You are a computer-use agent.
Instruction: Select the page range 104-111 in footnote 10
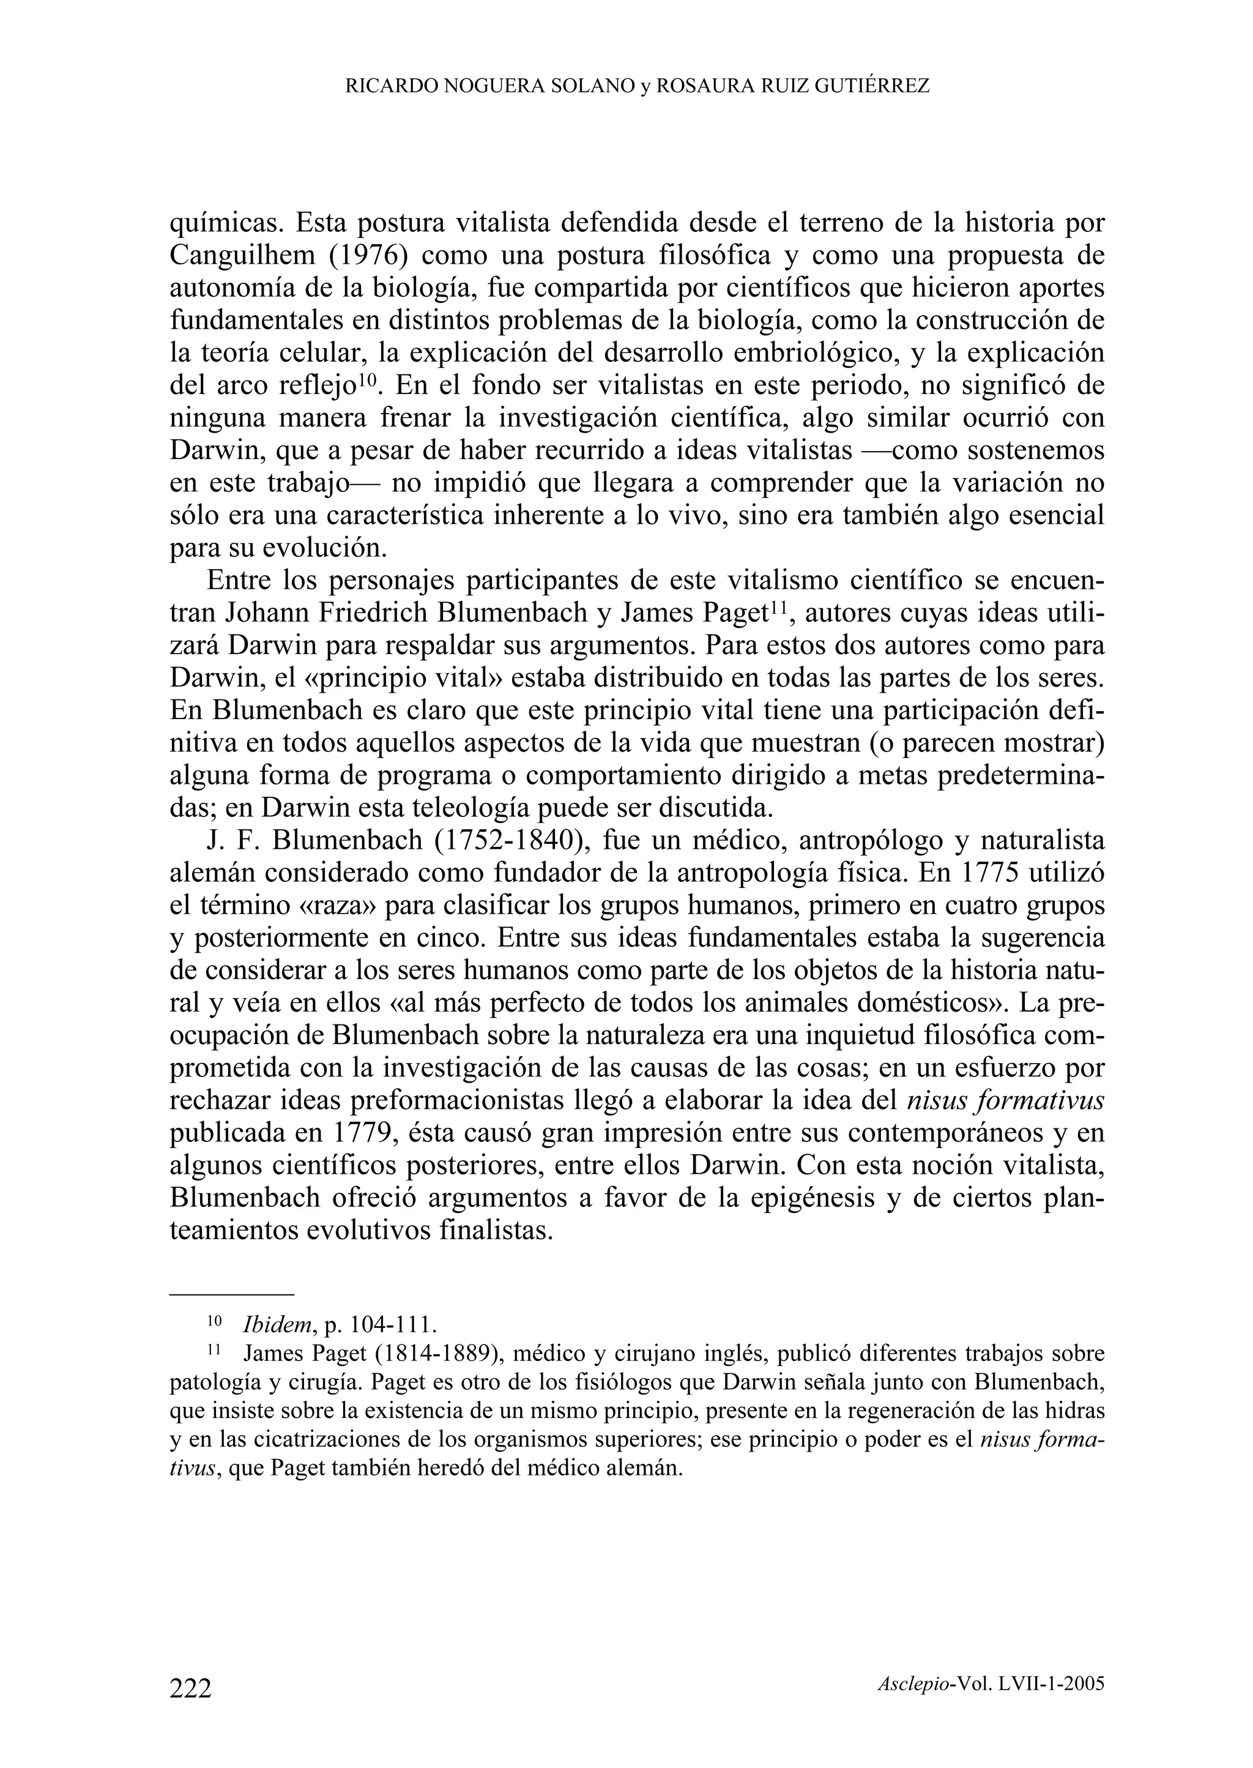(393, 1325)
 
